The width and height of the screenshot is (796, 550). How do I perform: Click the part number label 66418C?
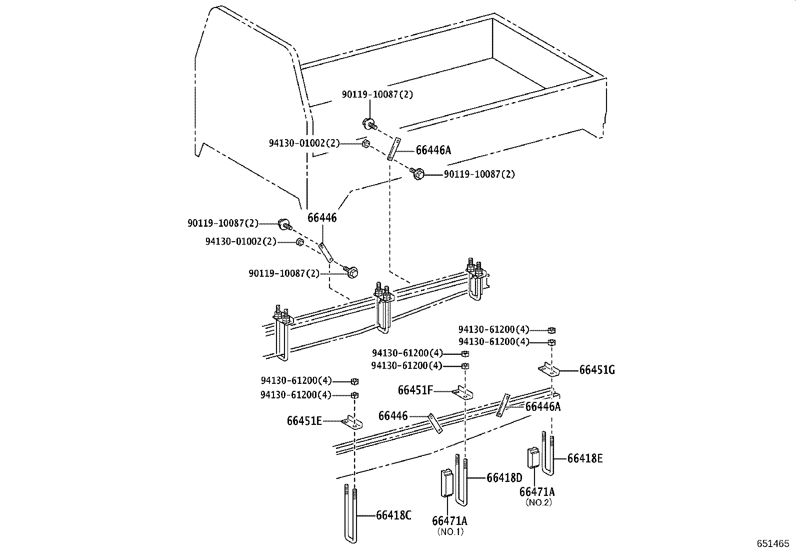coord(393,515)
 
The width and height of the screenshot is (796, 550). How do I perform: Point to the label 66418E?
coord(584,458)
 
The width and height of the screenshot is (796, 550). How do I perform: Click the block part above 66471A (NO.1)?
coord(446,483)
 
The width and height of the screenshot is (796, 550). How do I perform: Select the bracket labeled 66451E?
coord(353,423)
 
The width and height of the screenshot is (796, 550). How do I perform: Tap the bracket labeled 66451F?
coord(462,392)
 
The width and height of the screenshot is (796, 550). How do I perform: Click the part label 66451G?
coord(597,370)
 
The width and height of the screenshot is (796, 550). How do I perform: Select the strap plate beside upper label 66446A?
coord(393,149)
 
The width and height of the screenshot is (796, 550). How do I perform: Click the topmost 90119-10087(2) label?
coord(377,94)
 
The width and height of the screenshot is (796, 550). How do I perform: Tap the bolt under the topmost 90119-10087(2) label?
coord(369,123)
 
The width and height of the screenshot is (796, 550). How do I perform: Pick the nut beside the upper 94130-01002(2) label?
coord(365,144)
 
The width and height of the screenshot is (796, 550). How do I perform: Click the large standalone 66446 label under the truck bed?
coord(322,218)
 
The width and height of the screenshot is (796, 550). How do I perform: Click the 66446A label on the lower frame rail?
coord(542,407)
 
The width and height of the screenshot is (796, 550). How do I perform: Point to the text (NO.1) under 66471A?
coord(450,531)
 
